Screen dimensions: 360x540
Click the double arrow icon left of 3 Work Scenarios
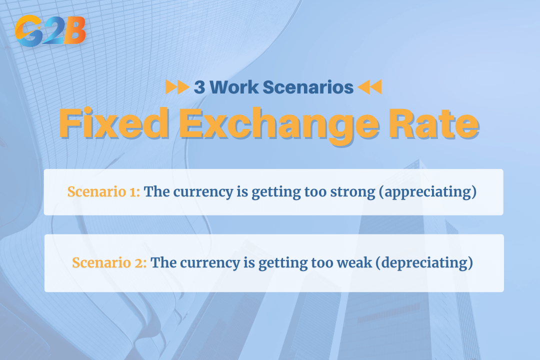click(x=177, y=87)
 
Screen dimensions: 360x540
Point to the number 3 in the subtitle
click(x=199, y=87)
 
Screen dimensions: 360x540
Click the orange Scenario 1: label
click(x=104, y=192)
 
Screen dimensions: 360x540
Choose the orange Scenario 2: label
click(x=109, y=263)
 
